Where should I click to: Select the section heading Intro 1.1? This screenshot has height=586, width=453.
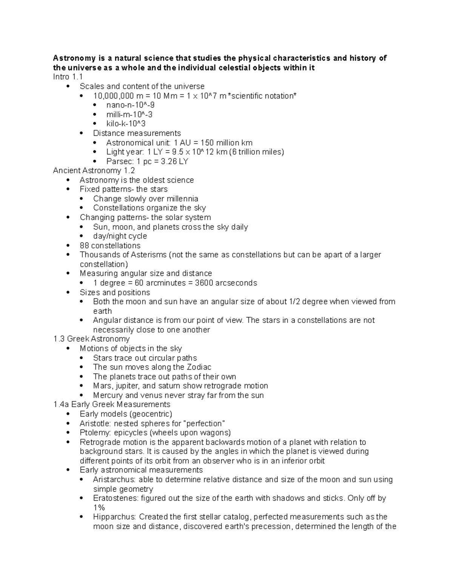tap(68, 77)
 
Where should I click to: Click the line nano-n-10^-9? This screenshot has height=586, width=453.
tap(130, 105)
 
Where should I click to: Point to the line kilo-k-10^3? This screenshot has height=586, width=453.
tap(126, 124)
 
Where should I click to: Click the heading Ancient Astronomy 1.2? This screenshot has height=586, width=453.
tap(94, 171)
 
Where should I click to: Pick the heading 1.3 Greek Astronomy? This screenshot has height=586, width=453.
tap(92, 339)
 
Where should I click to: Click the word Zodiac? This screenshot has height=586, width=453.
tap(199, 367)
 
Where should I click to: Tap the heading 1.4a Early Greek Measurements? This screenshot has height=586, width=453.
tap(112, 405)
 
